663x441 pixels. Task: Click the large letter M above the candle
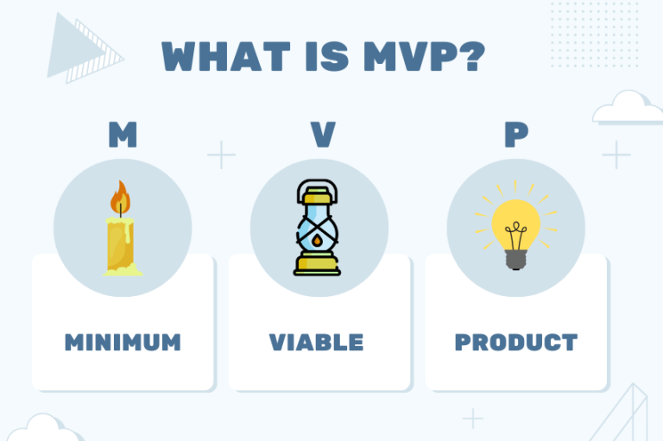122,135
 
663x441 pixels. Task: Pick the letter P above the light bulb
515,135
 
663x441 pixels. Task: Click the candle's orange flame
120,199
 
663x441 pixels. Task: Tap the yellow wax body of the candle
120,244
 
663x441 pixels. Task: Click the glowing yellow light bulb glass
515,220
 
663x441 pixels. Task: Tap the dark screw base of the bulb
515,258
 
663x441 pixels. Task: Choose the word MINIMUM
123,342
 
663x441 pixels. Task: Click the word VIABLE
316,342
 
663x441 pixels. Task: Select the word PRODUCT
515,342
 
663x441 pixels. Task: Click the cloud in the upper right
627,108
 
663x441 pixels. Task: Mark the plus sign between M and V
221,155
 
